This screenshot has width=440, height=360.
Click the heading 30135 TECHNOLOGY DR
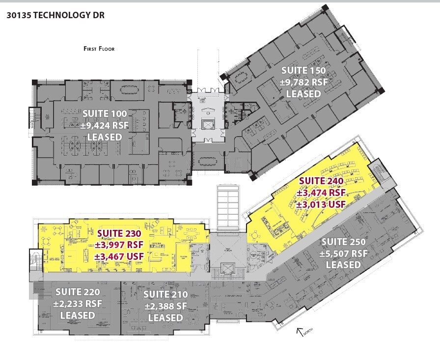[x=55, y=15]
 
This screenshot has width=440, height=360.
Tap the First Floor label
[x=99, y=49]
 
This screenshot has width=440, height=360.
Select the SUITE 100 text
[x=104, y=114]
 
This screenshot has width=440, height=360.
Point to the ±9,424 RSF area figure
[x=104, y=125]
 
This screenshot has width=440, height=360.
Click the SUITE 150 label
[x=303, y=71]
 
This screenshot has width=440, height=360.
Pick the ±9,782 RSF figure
[x=303, y=82]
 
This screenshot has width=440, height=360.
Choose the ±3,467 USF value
[x=119, y=256]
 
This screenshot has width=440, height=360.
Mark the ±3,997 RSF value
[x=119, y=245]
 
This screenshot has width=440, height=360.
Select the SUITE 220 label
[x=78, y=292]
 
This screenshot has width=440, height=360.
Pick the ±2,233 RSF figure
[x=78, y=304]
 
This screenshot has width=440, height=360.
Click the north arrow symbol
[x=300, y=332]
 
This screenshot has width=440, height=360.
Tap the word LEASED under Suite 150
[x=303, y=93]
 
